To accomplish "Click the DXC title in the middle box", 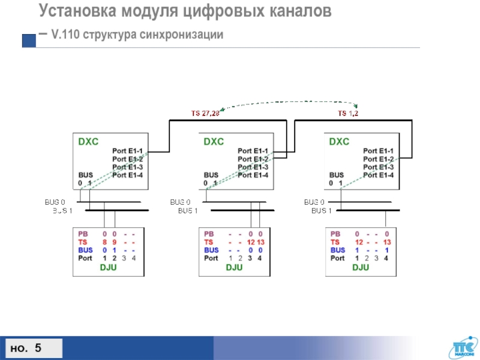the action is pos(214,142).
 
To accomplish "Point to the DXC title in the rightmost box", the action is pos(339,142).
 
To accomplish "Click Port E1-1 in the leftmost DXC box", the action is pos(127,151).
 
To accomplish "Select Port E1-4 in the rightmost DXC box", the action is pos(378,175).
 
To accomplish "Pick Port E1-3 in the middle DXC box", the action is pos(253,167).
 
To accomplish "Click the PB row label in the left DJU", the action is pos(83,233).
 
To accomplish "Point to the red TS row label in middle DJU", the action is pos(209,242).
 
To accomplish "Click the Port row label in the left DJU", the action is pos(85,259).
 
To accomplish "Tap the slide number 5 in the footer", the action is pos(38,348).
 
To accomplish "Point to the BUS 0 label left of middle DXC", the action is pos(180,202).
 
